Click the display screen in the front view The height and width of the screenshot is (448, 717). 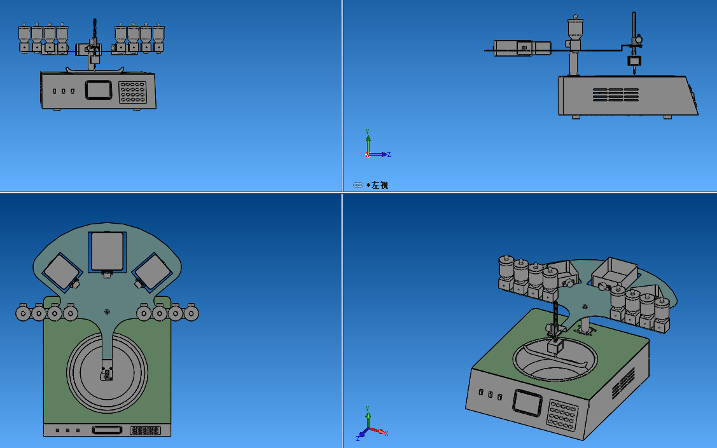99,90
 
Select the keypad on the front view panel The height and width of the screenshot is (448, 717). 132,92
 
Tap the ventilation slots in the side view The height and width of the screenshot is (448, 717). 615,95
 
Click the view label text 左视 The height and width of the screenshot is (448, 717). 380,185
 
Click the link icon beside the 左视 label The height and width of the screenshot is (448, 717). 358,185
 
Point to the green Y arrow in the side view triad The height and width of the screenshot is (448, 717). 368,142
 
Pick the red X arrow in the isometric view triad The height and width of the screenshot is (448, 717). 379,431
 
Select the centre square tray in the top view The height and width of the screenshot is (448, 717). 107,252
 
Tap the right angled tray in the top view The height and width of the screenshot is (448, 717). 153,271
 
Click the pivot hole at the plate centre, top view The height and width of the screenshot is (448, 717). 107,312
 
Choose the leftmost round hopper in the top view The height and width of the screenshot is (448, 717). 23,313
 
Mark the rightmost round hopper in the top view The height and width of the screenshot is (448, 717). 191,313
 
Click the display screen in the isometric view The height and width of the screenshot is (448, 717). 527,402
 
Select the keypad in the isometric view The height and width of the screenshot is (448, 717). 562,415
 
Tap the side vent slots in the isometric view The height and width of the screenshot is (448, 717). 623,383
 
